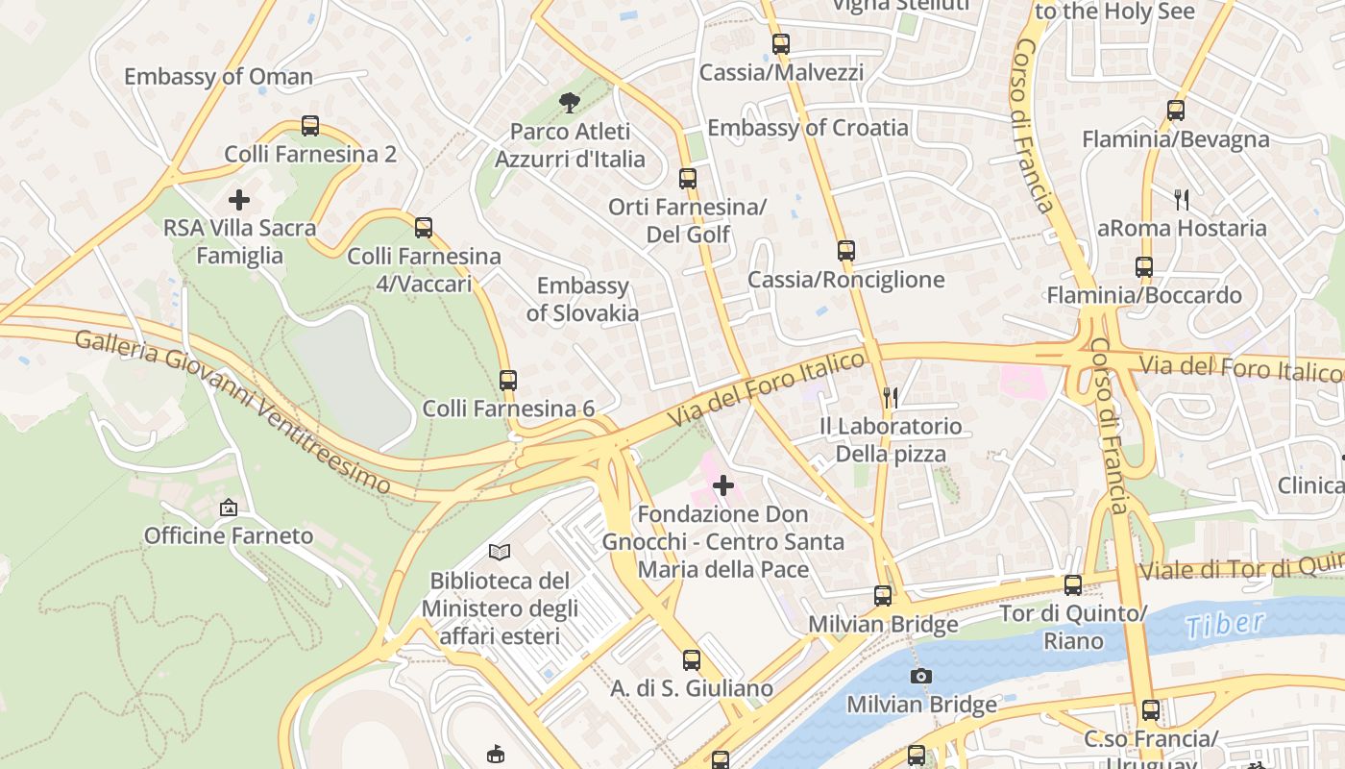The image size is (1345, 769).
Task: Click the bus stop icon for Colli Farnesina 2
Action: [310, 125]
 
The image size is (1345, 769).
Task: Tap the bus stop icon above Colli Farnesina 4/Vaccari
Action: [424, 228]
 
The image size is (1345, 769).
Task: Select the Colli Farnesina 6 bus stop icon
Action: [508, 380]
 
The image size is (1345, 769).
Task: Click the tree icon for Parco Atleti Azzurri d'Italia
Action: [570, 102]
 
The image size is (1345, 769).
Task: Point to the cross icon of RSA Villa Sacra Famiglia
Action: [239, 200]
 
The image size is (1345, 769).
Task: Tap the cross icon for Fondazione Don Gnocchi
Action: [723, 485]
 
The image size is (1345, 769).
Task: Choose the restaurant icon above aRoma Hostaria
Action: [1182, 200]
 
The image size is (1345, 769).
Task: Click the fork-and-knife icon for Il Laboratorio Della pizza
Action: [891, 397]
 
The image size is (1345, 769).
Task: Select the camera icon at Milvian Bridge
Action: [921, 676]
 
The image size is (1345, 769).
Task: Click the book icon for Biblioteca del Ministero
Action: [500, 552]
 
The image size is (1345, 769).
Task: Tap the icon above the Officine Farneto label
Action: [229, 508]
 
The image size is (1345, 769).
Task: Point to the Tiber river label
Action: [1225, 625]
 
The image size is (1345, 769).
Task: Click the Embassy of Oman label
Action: [218, 77]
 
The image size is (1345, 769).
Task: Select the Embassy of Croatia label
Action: [807, 128]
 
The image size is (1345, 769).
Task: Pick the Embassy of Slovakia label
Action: [582, 299]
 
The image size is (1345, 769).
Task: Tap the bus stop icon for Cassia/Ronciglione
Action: [845, 251]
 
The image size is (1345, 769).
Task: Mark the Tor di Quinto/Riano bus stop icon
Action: [1073, 584]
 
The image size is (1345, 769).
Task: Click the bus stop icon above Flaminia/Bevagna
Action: [1176, 111]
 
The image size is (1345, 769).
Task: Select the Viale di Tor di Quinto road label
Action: [1239, 567]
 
